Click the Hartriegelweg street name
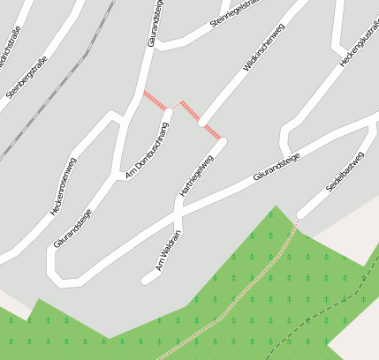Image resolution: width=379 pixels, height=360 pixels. [x=196, y=176]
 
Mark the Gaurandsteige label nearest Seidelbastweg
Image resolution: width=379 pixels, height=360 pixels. [x=277, y=166]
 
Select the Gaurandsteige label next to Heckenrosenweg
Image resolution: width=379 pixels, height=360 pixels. [x=72, y=228]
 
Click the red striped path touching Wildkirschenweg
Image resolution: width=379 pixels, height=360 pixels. [x=200, y=119]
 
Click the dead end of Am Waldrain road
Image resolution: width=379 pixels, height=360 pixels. [x=145, y=281]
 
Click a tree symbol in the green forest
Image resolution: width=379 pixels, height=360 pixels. [x=253, y=237]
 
